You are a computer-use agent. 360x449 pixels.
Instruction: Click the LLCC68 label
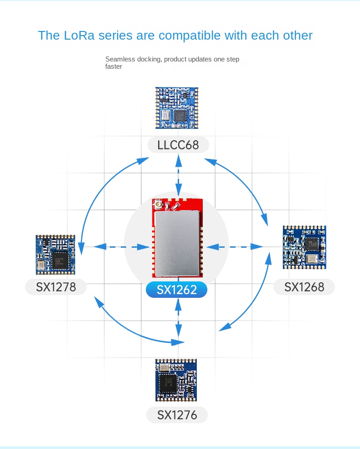click(178, 145)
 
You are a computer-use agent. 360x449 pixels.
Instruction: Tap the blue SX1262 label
click(176, 290)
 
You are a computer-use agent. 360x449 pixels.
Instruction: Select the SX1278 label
click(56, 287)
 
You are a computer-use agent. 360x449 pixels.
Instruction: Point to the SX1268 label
click(304, 287)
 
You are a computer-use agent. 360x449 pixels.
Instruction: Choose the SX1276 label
click(177, 415)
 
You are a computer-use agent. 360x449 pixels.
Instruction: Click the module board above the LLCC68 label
click(177, 107)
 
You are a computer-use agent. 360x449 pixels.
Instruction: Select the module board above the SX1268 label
click(304, 247)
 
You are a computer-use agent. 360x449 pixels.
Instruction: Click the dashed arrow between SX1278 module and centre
click(122, 246)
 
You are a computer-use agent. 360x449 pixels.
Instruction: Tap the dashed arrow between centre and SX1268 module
click(234, 246)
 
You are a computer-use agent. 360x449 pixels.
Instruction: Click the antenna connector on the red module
click(158, 206)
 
